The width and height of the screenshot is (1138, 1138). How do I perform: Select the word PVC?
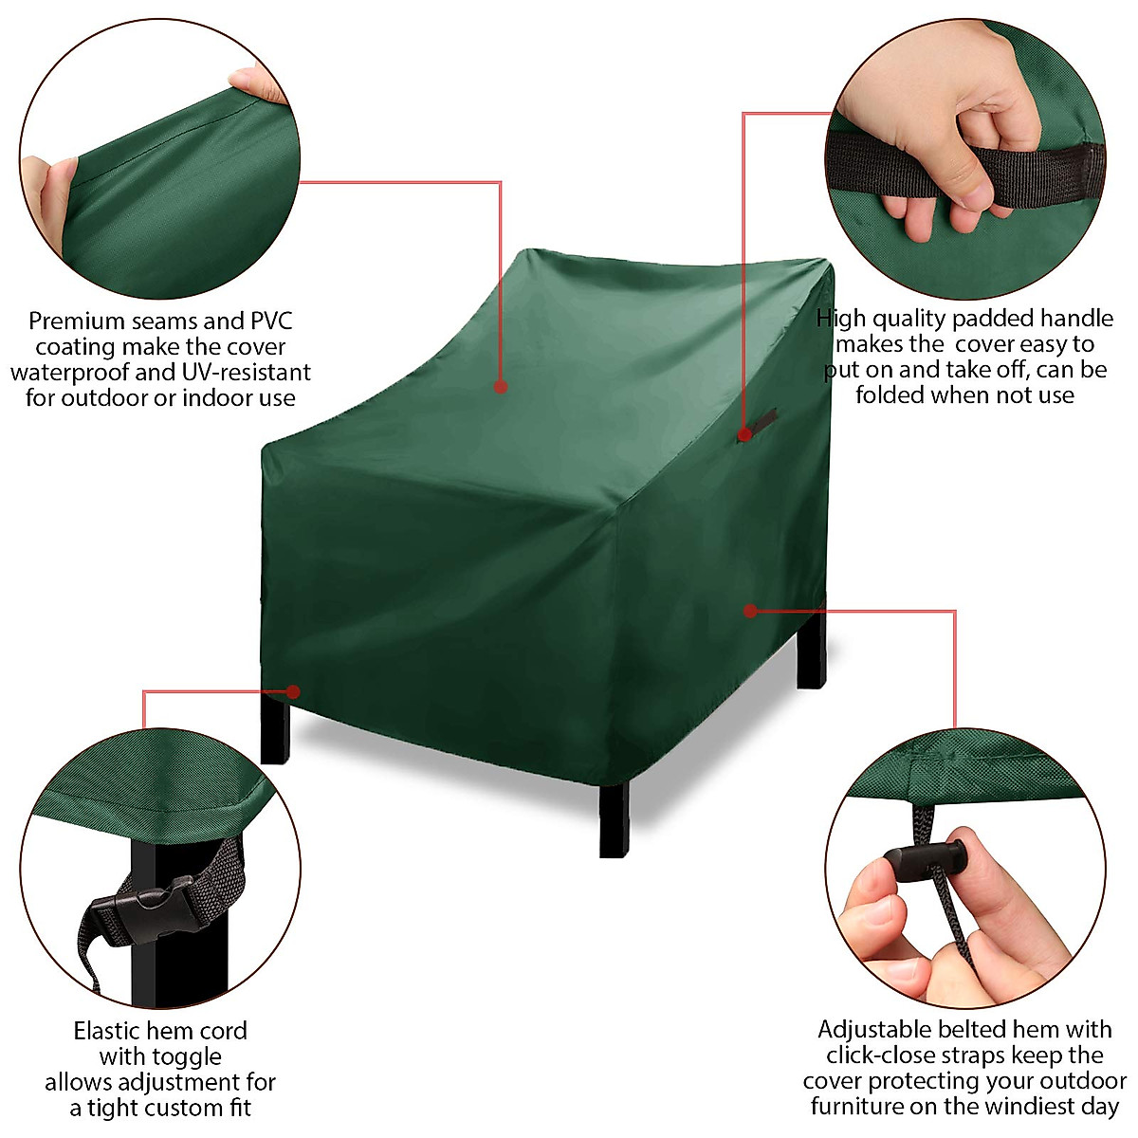(271, 321)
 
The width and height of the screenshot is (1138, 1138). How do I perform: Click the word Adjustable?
(874, 1030)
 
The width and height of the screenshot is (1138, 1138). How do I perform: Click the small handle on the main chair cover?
(762, 419)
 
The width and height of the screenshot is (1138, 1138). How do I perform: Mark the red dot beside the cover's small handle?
(744, 434)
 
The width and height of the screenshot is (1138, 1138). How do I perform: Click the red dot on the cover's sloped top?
(500, 386)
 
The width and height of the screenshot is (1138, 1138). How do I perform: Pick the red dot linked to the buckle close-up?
(293, 691)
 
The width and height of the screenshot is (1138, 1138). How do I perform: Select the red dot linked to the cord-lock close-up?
(750, 611)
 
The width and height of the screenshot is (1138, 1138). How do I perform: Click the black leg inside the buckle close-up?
(142, 958)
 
